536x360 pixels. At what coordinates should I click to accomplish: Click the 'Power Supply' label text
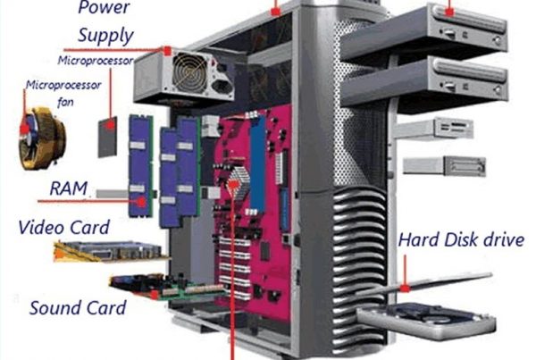(105, 21)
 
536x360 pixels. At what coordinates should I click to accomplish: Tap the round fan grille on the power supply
(190, 73)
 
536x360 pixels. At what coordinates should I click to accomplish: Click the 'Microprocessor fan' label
(63, 93)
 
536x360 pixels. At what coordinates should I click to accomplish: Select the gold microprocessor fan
(42, 138)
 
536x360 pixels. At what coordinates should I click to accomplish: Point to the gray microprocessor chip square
(108, 137)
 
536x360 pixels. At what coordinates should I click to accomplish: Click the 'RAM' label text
(69, 188)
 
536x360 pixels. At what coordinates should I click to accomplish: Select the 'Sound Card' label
(78, 307)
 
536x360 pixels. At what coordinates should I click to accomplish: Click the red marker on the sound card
(155, 295)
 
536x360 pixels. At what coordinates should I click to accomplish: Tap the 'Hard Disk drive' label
(461, 239)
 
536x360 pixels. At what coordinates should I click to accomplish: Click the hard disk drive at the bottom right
(426, 321)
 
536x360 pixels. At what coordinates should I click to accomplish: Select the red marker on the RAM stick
(141, 202)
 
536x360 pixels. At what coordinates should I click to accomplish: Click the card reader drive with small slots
(434, 129)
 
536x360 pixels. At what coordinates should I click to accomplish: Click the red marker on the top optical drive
(449, 12)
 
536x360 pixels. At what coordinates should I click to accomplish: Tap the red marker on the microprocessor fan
(25, 129)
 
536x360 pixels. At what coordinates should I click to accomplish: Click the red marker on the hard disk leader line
(405, 289)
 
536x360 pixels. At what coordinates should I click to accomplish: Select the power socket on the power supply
(222, 88)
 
